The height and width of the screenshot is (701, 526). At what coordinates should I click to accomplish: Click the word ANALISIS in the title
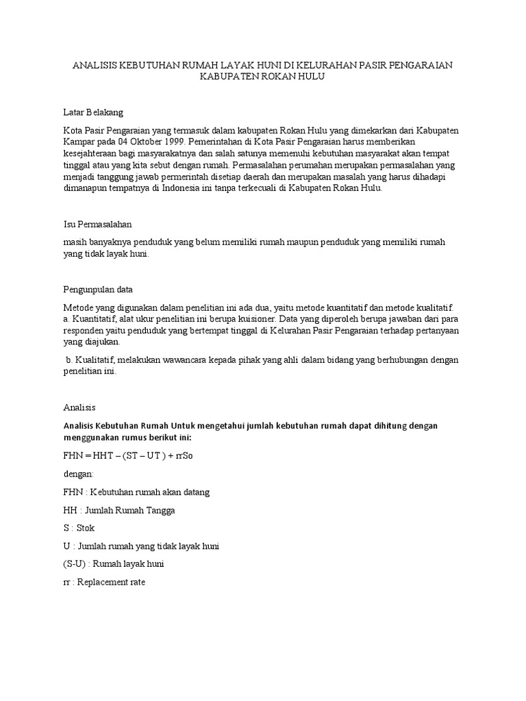coord(95,65)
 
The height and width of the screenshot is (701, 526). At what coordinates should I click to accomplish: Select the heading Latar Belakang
coord(92,112)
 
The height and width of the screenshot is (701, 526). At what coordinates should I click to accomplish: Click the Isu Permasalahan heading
coord(97,225)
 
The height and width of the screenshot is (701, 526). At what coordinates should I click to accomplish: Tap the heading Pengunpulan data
coord(98,290)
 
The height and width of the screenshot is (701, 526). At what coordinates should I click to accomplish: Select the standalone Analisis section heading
coord(79,407)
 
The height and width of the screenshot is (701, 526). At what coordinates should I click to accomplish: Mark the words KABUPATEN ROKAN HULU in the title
coord(262,77)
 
